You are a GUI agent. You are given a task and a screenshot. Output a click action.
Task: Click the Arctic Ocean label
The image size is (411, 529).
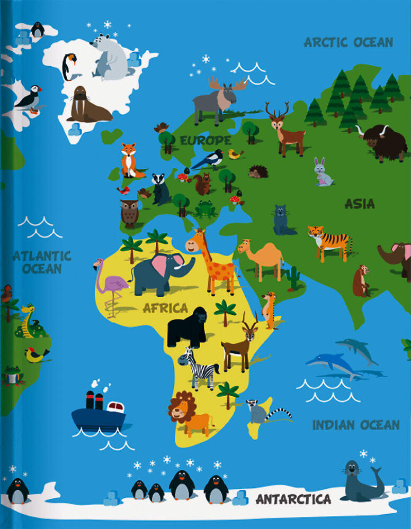tap(348, 42)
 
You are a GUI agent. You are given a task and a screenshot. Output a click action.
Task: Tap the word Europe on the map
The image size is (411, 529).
tap(205, 140)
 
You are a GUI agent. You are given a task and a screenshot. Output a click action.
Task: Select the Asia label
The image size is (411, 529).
tap(359, 203)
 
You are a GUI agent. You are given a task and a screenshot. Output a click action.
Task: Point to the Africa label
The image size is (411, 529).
tap(165, 308)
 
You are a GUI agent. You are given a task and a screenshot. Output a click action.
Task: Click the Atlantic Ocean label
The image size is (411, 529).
tap(42, 262)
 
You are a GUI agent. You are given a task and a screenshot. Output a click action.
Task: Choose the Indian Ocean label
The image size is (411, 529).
tap(355, 425)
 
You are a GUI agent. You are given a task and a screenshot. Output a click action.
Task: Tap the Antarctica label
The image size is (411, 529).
tap(293, 499)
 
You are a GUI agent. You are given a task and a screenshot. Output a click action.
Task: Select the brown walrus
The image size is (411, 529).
tap(86, 105)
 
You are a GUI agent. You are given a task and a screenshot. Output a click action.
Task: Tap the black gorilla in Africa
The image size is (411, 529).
tap(186, 327)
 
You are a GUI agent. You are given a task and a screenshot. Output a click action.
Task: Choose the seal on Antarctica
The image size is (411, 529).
tap(360, 481)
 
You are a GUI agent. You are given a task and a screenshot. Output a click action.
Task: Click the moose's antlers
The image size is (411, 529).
tap(228, 84)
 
